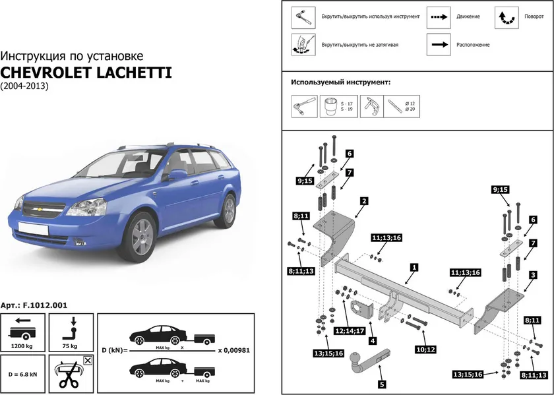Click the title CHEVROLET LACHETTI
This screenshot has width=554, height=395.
tap(86, 72)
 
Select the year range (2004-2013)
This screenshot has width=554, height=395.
tap(24, 86)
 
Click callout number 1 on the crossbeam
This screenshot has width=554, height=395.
tap(413, 268)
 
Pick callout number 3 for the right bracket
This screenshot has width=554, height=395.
tap(532, 274)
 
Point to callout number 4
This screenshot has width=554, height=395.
tap(373, 342)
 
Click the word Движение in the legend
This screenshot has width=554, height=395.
tap(468, 16)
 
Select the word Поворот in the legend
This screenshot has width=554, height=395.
tap(534, 16)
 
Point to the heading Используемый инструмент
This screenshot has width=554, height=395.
tap(340, 83)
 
